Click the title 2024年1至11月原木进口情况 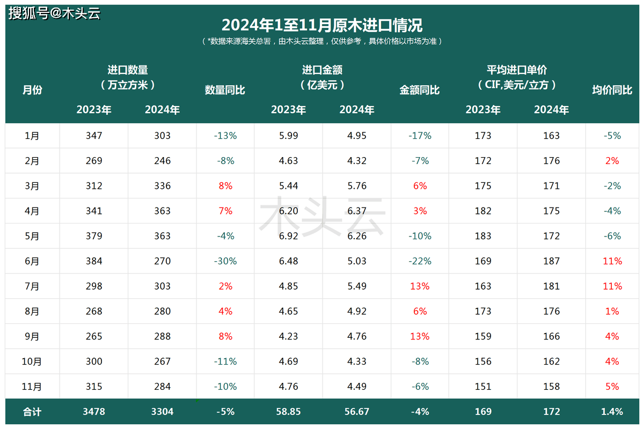(322, 25)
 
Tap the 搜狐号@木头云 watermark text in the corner (54, 13)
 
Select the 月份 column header (32, 90)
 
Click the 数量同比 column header (225, 90)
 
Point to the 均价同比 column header (612, 90)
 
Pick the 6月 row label (32, 261)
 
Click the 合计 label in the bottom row (32, 412)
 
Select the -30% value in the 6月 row (225, 261)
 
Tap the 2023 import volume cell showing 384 (94, 261)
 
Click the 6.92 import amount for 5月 (289, 236)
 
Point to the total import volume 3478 (94, 412)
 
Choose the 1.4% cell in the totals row (612, 412)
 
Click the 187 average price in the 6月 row (551, 261)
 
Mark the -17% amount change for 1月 (420, 136)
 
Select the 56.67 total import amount (357, 412)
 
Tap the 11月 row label (32, 387)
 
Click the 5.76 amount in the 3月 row (357, 186)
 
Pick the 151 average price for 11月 (483, 387)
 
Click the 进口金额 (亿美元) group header (323, 77)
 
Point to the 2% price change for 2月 (612, 161)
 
